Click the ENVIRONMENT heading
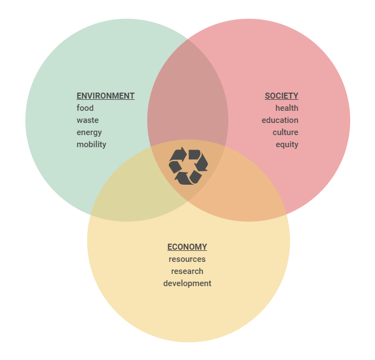(105, 96)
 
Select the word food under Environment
(85, 108)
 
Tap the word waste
(88, 120)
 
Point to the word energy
(89, 133)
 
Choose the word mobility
(92, 144)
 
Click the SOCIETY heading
(281, 96)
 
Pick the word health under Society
(287, 108)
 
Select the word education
(280, 120)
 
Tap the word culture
(286, 132)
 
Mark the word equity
(287, 145)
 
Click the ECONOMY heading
(187, 247)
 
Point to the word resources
(187, 259)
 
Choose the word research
(187, 271)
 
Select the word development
(187, 284)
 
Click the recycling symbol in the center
(188, 165)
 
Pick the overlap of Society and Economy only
(244, 191)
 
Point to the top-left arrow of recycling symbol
(179, 154)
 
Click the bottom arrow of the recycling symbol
(184, 178)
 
